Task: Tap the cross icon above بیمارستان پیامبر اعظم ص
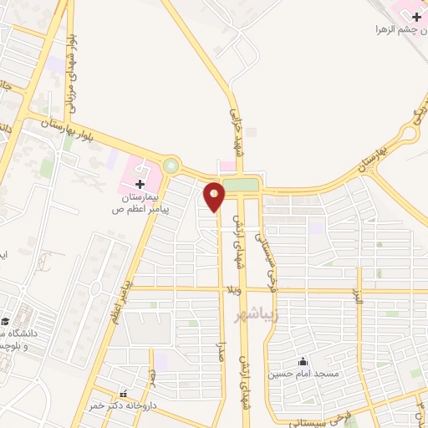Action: (140, 183)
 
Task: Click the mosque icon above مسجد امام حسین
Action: (303, 361)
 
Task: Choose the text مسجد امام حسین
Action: (303, 374)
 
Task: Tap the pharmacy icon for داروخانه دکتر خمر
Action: (125, 394)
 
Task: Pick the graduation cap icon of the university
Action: (6, 321)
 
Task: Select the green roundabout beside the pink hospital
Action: (171, 166)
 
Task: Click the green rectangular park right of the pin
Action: (241, 185)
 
